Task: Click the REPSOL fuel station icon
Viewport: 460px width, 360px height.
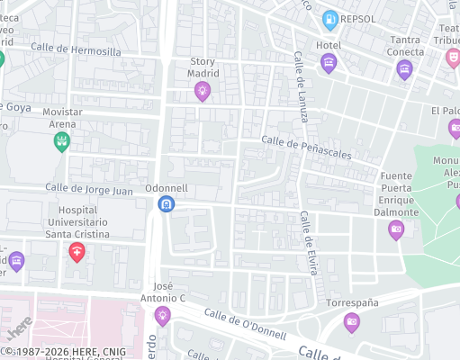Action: click(x=330, y=18)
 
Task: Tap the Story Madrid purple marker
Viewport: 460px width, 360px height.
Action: click(x=202, y=90)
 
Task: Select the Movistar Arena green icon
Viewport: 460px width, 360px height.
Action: click(x=61, y=141)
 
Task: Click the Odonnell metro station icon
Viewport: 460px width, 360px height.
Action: click(x=166, y=205)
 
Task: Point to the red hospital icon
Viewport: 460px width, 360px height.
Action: click(x=77, y=252)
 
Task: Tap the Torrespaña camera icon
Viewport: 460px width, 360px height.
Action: click(x=351, y=321)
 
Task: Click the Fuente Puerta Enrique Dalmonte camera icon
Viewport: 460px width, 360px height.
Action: click(x=396, y=229)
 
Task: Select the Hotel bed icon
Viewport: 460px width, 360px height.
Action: click(x=328, y=62)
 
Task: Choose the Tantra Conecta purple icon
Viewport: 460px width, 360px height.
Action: click(x=404, y=69)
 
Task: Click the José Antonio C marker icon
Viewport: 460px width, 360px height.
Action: click(x=162, y=315)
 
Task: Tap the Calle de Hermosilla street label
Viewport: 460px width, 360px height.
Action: click(x=76, y=51)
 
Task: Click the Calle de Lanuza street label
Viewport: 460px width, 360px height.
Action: click(x=302, y=86)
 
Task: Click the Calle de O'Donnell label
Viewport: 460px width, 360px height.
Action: click(x=245, y=324)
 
